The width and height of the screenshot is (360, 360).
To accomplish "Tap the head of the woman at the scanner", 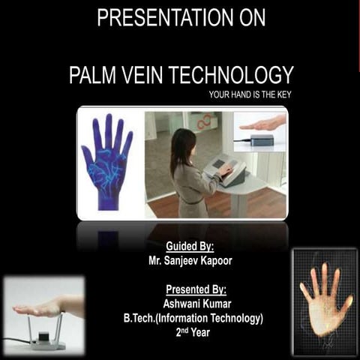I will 182,142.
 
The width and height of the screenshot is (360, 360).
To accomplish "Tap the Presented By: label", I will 195,289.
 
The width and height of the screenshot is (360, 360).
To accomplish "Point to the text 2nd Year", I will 193,332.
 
